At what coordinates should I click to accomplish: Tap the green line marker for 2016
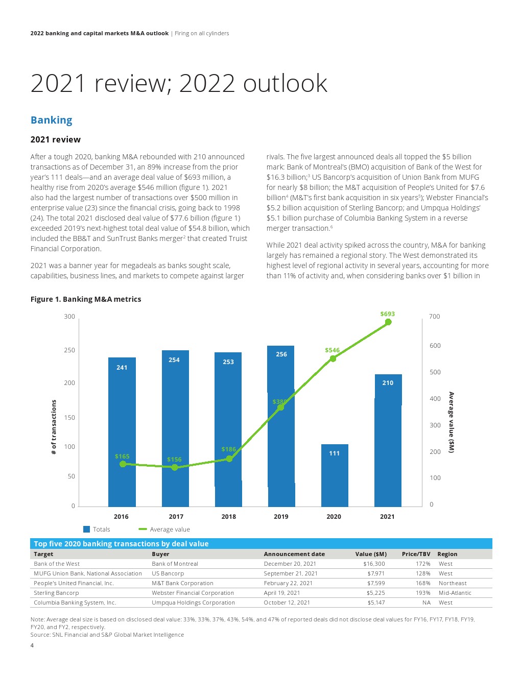[x=123, y=464]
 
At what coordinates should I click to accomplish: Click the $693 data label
[x=388, y=314]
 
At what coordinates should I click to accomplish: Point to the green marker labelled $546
[x=333, y=358]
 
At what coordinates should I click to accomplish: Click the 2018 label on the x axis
[x=229, y=517]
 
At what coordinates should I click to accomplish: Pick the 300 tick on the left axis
[x=69, y=317]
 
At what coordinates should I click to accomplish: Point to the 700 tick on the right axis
[x=434, y=317]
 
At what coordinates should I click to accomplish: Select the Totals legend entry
[x=97, y=529]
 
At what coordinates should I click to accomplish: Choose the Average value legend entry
[x=164, y=529]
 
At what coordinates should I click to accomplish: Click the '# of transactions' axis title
[x=54, y=427]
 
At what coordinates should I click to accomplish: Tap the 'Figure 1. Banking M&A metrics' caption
[x=86, y=299]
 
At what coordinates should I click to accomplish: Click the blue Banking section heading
[x=52, y=120]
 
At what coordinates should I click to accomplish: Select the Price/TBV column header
[x=416, y=554]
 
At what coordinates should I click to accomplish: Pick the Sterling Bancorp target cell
[x=56, y=593]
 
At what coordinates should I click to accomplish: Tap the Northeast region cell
[x=453, y=583]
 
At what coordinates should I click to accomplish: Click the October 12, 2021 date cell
[x=287, y=603]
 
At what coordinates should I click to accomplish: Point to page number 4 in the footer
[x=32, y=645]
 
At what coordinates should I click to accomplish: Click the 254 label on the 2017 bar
[x=174, y=360]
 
